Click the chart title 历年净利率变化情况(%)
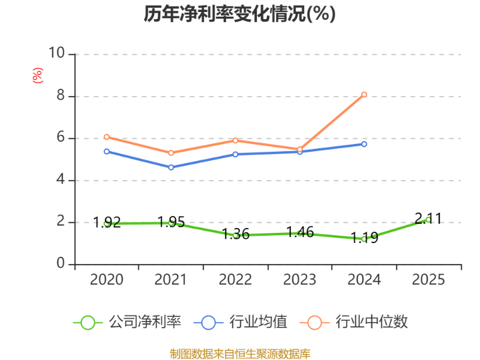[239, 14]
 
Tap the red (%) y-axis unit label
[38, 76]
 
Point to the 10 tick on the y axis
[57, 53]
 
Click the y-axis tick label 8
[61, 95]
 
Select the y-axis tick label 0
[61, 263]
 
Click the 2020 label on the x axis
[107, 280]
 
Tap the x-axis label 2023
[299, 280]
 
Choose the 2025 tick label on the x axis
[428, 280]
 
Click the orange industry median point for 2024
[364, 95]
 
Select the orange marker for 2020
[107, 137]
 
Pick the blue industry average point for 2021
[171, 167]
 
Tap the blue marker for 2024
[364, 144]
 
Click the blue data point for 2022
[235, 154]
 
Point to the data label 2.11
[428, 218]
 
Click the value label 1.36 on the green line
[235, 234]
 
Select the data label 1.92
[107, 222]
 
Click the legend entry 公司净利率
[127, 322]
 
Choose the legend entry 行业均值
[241, 322]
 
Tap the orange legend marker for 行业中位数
[314, 323]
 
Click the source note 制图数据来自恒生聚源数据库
[240, 354]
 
